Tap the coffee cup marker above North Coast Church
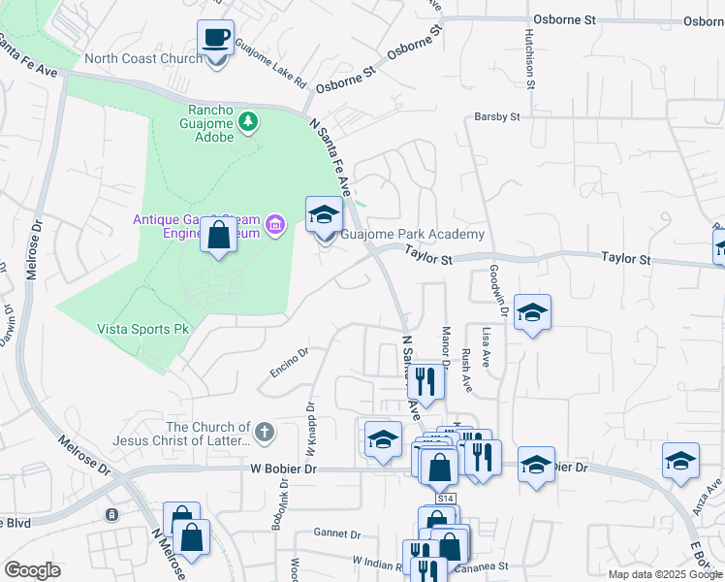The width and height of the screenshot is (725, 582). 215,40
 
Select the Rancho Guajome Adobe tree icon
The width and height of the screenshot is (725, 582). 250,121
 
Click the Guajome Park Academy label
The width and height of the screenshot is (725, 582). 411,235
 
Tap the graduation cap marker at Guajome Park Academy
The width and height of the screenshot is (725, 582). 324,215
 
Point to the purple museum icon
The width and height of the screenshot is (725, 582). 276,226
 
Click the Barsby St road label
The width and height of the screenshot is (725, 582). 497,117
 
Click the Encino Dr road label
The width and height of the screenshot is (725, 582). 289,362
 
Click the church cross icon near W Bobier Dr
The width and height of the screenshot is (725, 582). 264,430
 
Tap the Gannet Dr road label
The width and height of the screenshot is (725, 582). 337,533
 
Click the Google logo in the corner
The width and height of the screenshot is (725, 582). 32,570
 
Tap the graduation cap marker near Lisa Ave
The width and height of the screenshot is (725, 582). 532,313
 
